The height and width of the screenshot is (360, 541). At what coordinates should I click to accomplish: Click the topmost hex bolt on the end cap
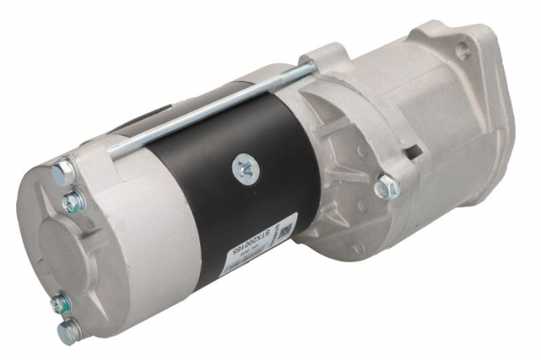point(63,172)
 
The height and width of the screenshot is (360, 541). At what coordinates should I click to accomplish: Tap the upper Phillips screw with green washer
point(71,202)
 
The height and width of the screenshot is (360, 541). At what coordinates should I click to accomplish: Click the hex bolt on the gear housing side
point(384,186)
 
